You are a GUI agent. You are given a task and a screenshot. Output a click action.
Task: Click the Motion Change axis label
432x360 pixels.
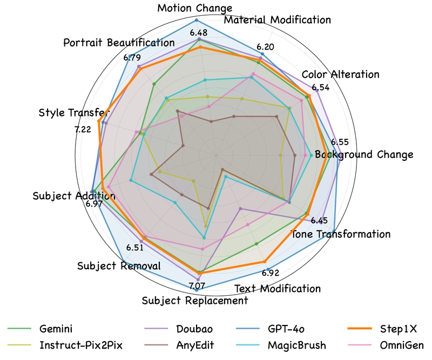click(195, 8)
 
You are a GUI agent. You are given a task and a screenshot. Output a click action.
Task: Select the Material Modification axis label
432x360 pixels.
click(277, 20)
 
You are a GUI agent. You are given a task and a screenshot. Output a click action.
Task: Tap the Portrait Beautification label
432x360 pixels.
click(119, 43)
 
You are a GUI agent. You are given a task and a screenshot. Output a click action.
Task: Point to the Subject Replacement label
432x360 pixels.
click(195, 301)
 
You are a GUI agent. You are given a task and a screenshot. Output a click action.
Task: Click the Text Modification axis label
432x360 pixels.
click(278, 289)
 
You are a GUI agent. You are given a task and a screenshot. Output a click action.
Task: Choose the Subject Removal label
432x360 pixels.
click(119, 266)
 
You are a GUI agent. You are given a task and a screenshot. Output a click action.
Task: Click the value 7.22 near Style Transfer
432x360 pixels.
click(83, 129)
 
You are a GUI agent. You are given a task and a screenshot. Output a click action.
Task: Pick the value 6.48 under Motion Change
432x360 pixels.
click(199, 33)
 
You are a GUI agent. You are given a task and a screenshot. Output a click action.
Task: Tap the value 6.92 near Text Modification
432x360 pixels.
click(271, 273)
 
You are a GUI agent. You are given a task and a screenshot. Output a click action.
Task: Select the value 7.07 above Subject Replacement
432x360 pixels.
click(197, 286)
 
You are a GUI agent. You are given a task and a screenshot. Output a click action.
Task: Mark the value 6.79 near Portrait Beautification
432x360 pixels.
click(132, 58)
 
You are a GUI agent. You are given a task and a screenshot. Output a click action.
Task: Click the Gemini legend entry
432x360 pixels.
click(39, 329)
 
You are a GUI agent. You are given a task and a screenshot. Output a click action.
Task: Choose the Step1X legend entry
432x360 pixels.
click(382, 329)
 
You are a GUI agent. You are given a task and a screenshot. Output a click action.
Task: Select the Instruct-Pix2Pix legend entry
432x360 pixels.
click(65, 345)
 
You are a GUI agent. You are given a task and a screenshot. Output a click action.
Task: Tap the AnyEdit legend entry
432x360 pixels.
click(179, 345)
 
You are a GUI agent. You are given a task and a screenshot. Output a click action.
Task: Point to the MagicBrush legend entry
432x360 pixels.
click(281, 345)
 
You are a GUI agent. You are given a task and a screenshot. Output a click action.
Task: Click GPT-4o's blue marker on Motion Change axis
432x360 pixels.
click(197, 20)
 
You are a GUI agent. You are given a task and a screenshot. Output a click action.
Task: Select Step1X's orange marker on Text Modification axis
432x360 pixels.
click(265, 261)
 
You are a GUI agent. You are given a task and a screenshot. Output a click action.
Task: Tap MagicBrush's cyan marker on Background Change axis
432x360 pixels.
click(312, 155)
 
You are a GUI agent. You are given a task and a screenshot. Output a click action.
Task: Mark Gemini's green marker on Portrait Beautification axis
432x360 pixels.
click(154, 84)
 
